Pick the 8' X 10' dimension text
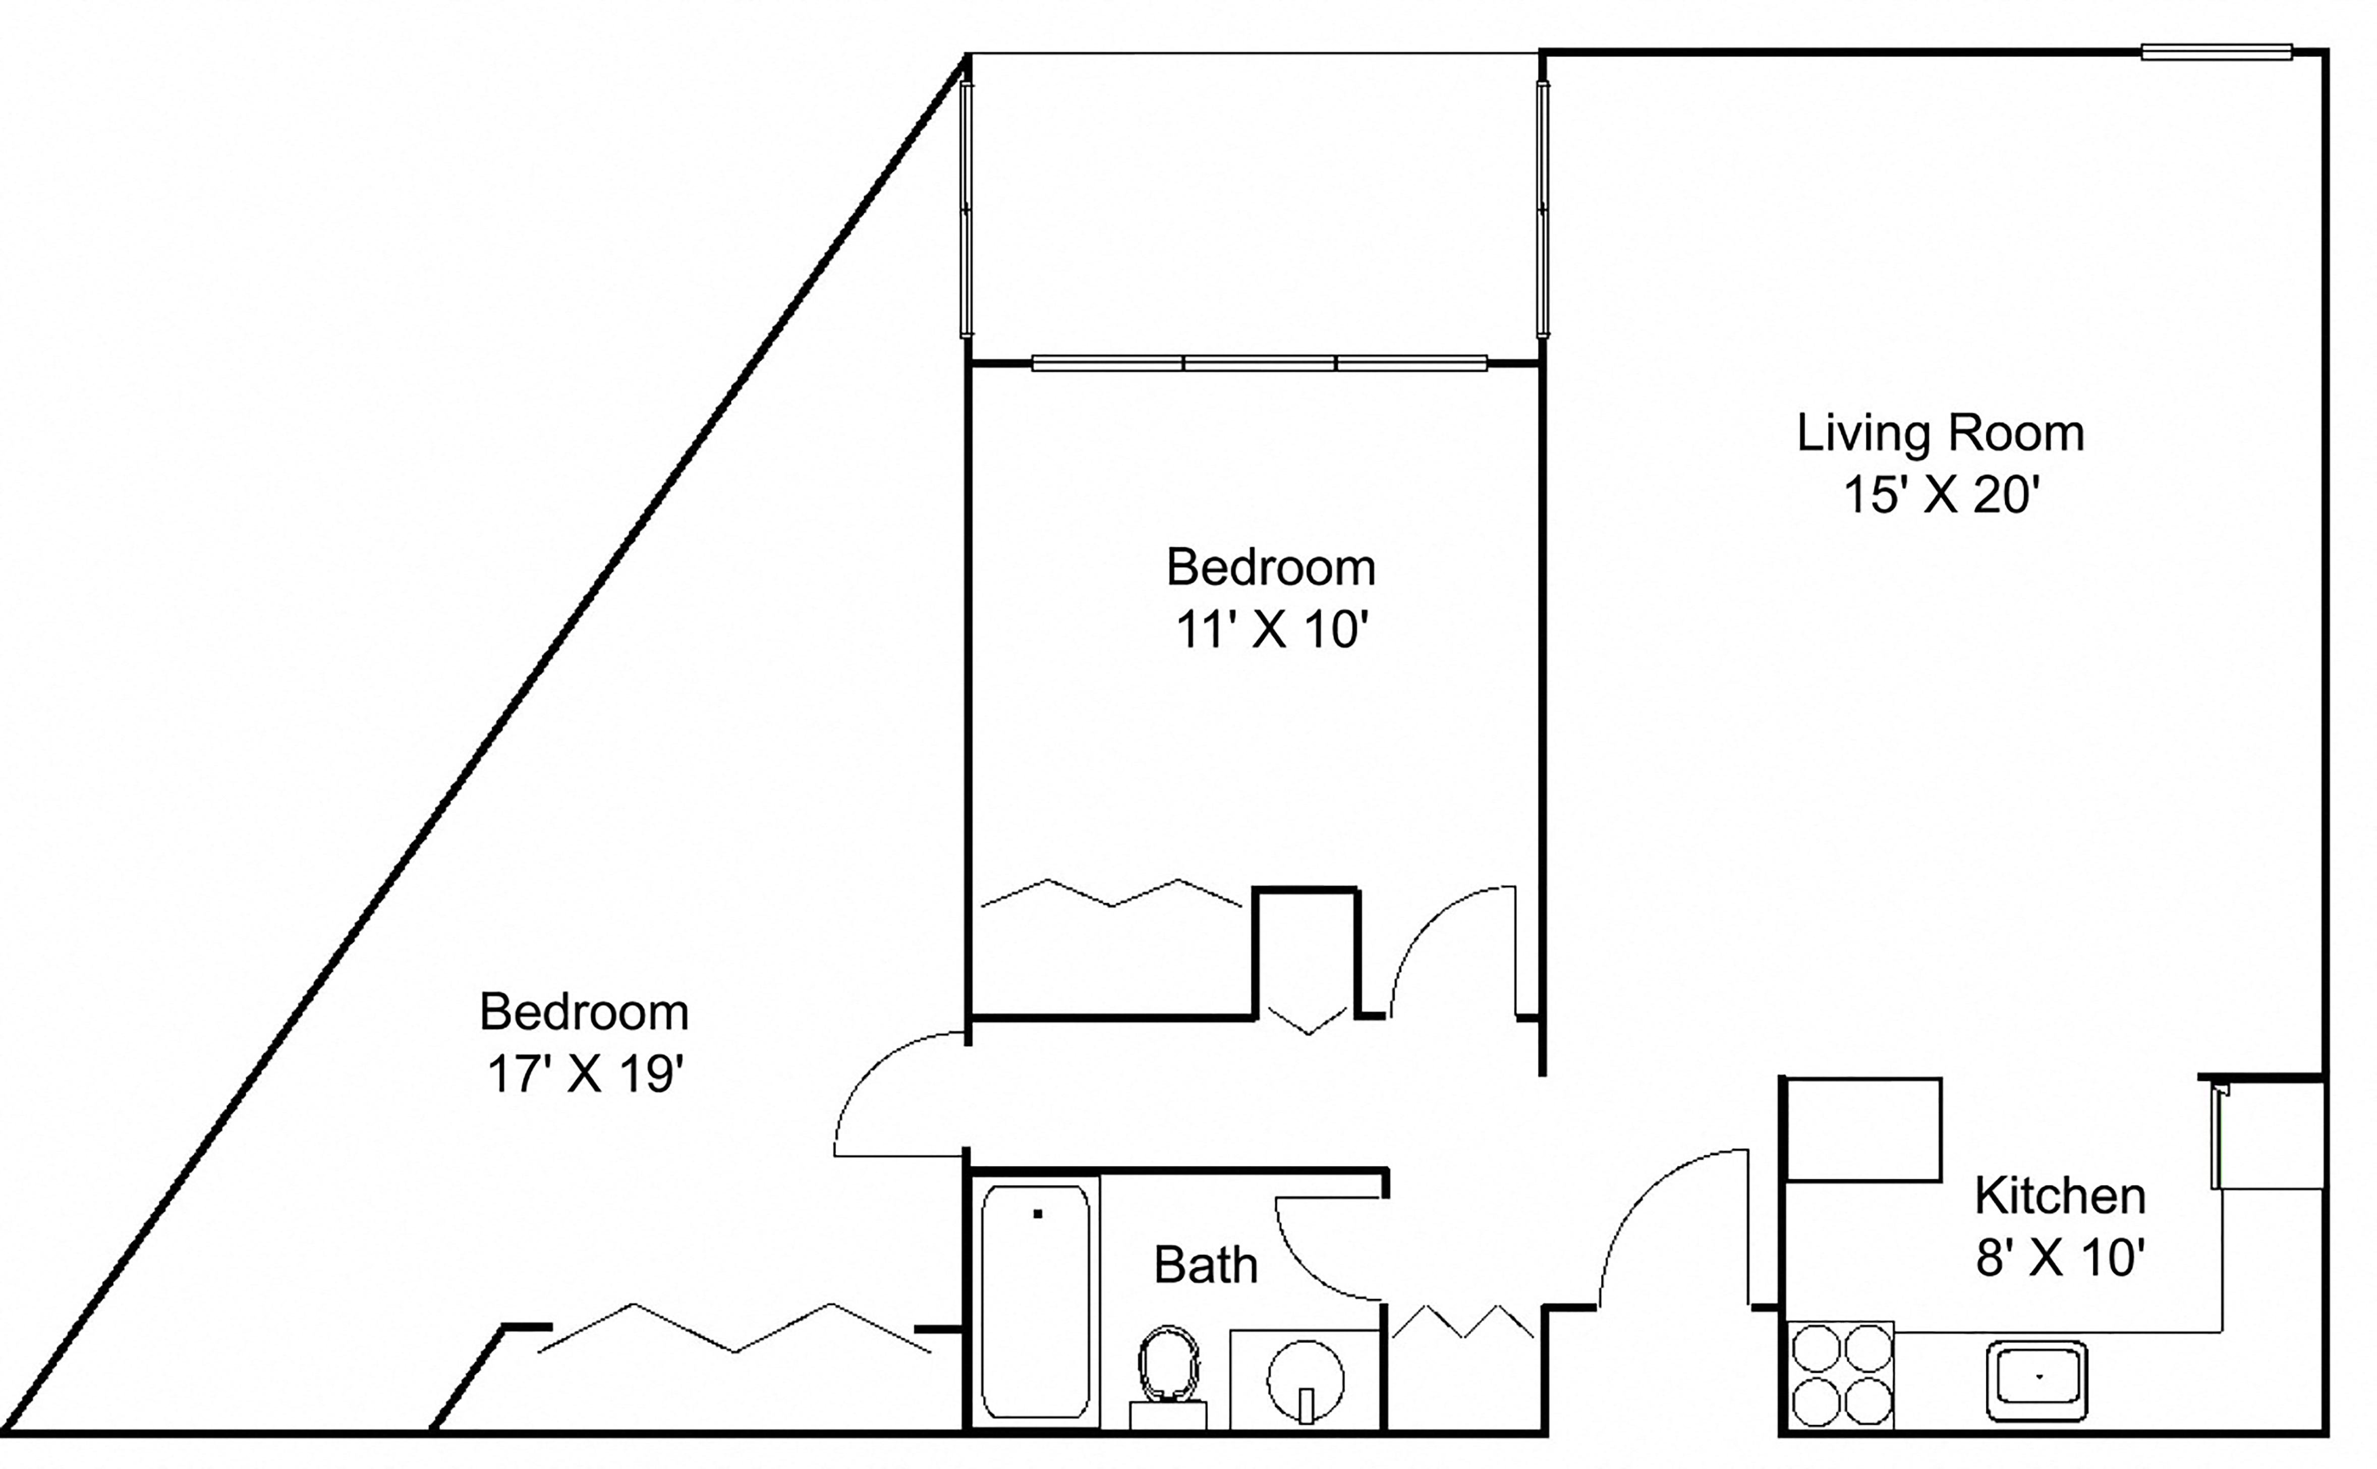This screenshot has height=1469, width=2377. [x=2059, y=1258]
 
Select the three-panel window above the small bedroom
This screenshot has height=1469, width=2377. [x=1259, y=363]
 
